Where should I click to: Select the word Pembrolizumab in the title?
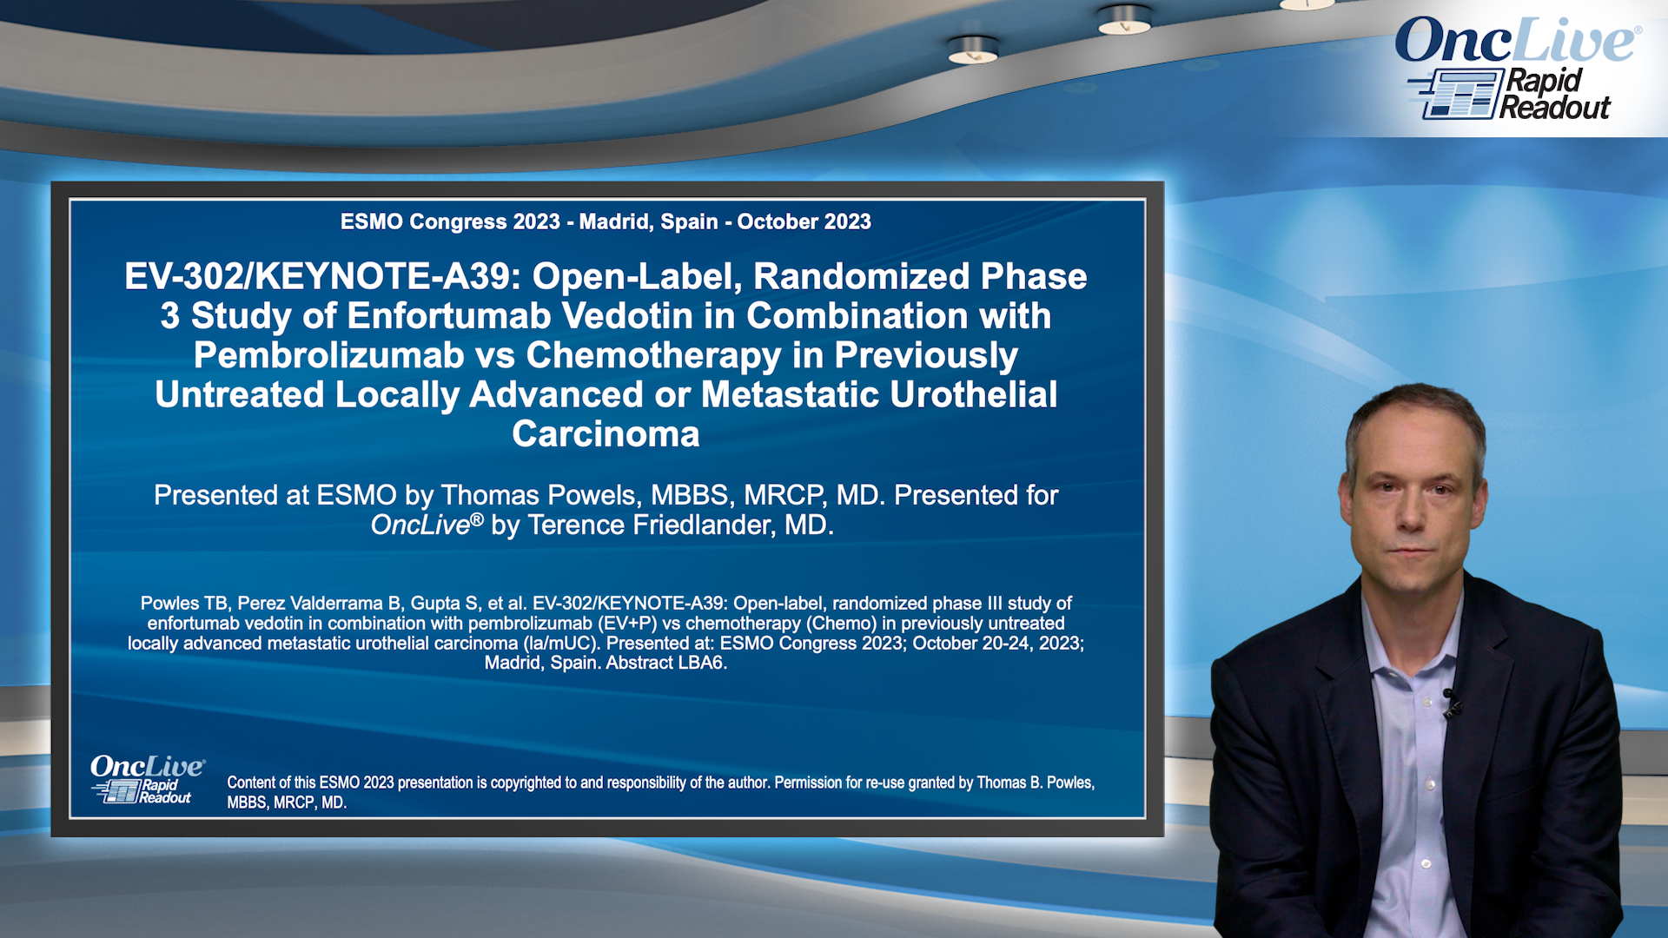pyautogui.click(x=329, y=355)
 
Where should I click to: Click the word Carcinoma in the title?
pyautogui.click(x=606, y=434)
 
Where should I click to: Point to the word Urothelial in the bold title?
pyautogui.click(x=974, y=394)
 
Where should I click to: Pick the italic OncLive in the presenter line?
pyautogui.click(x=420, y=525)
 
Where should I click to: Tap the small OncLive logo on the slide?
pyautogui.click(x=147, y=779)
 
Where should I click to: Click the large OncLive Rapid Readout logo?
pyautogui.click(x=1518, y=69)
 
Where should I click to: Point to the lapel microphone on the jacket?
pyautogui.click(x=1450, y=701)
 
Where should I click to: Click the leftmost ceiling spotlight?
pyautogui.click(x=973, y=50)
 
